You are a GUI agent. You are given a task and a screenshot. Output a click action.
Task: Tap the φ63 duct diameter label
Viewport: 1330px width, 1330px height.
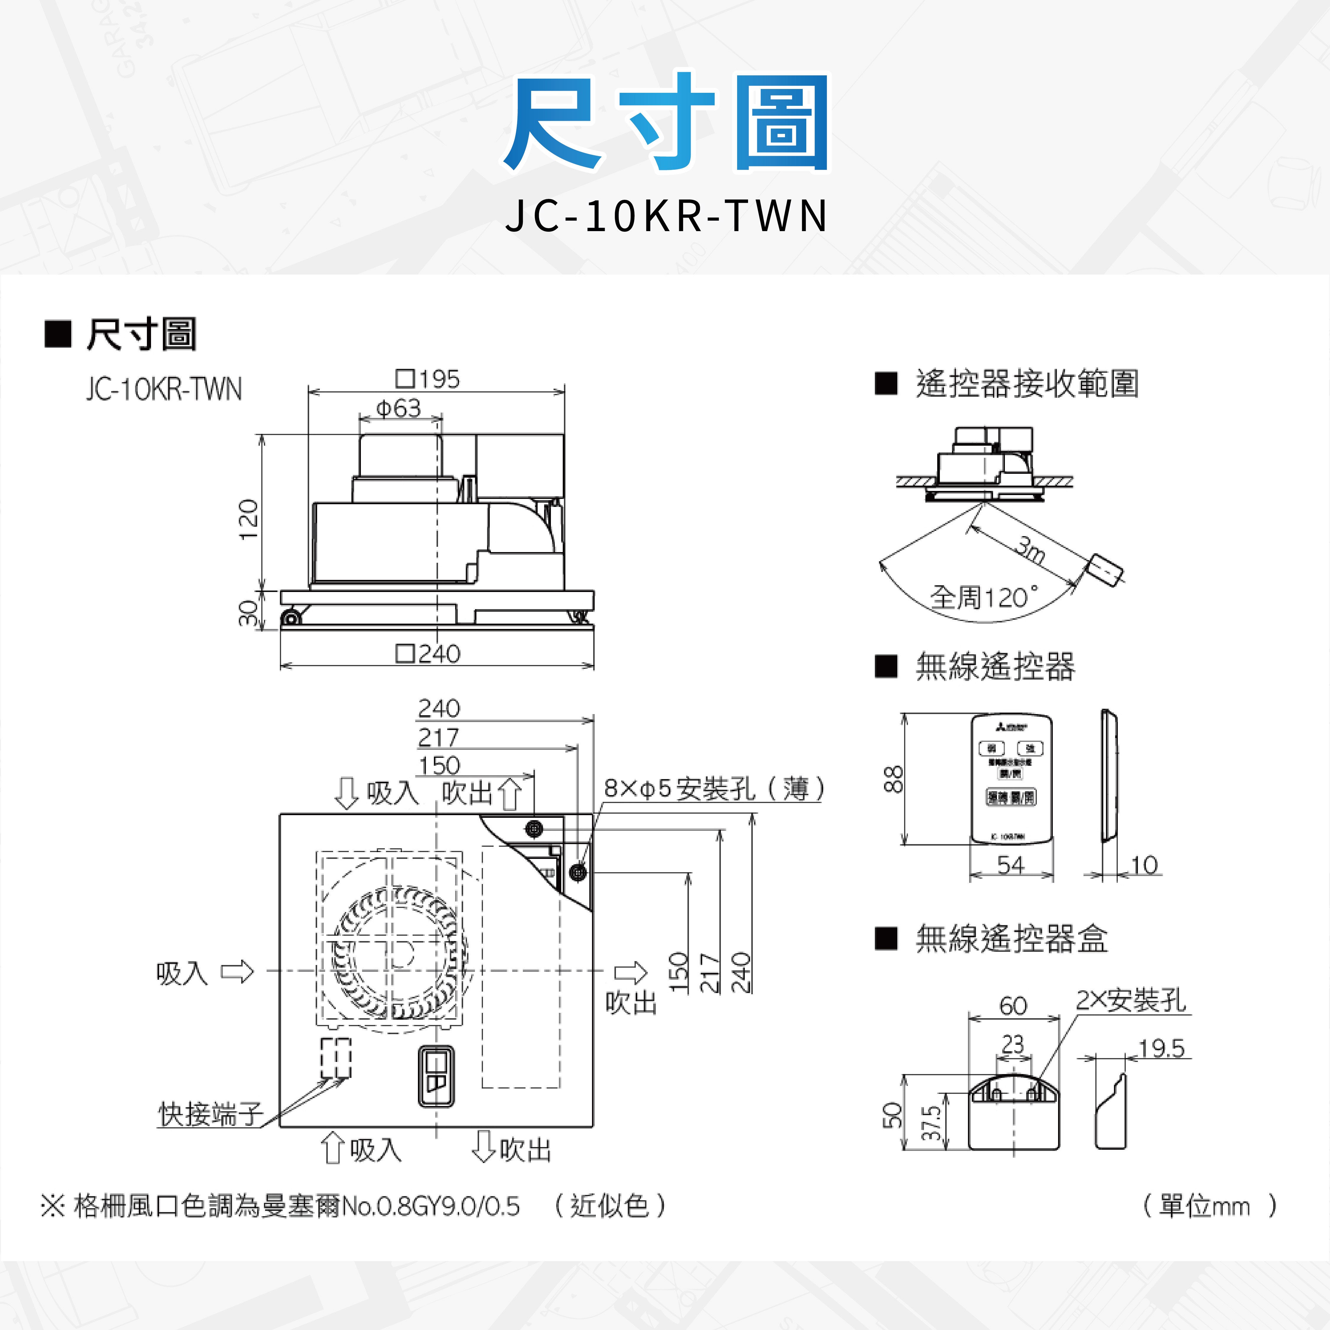click(399, 408)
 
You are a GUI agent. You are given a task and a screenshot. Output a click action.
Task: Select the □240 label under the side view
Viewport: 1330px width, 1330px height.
click(428, 653)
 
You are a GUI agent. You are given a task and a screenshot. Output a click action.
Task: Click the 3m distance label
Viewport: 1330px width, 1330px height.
click(1031, 550)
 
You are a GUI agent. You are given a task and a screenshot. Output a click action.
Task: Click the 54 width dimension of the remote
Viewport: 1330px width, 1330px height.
click(1011, 864)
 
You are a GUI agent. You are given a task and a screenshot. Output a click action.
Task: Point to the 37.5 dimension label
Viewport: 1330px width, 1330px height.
click(931, 1123)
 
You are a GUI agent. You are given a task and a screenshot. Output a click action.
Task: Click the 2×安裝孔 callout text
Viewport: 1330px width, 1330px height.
click(1131, 1000)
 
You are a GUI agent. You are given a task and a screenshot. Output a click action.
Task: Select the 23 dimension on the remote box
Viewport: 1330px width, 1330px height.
click(1013, 1044)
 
